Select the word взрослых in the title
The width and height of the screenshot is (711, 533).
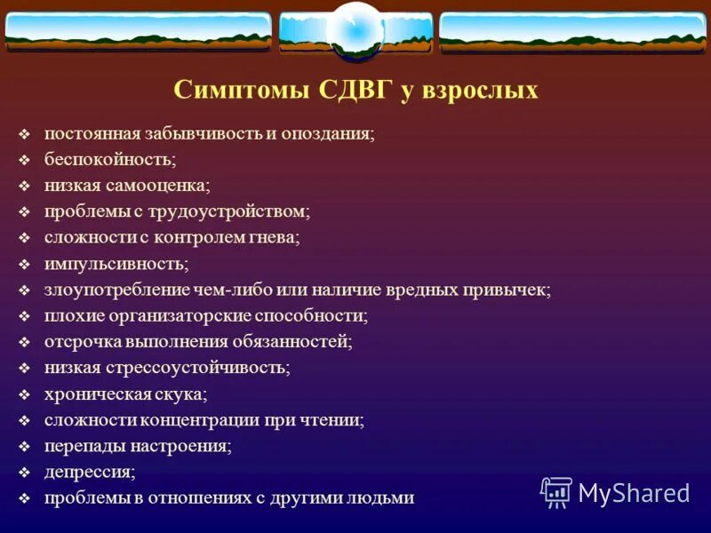coord(483,91)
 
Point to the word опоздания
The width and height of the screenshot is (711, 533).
coord(328,134)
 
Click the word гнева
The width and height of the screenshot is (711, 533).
coord(275,238)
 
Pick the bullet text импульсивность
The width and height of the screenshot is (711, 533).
coord(116,264)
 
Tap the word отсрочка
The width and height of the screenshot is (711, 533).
coord(77,341)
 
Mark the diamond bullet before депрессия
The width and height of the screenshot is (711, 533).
coord(25,472)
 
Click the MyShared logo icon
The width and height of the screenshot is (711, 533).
coord(556,491)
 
